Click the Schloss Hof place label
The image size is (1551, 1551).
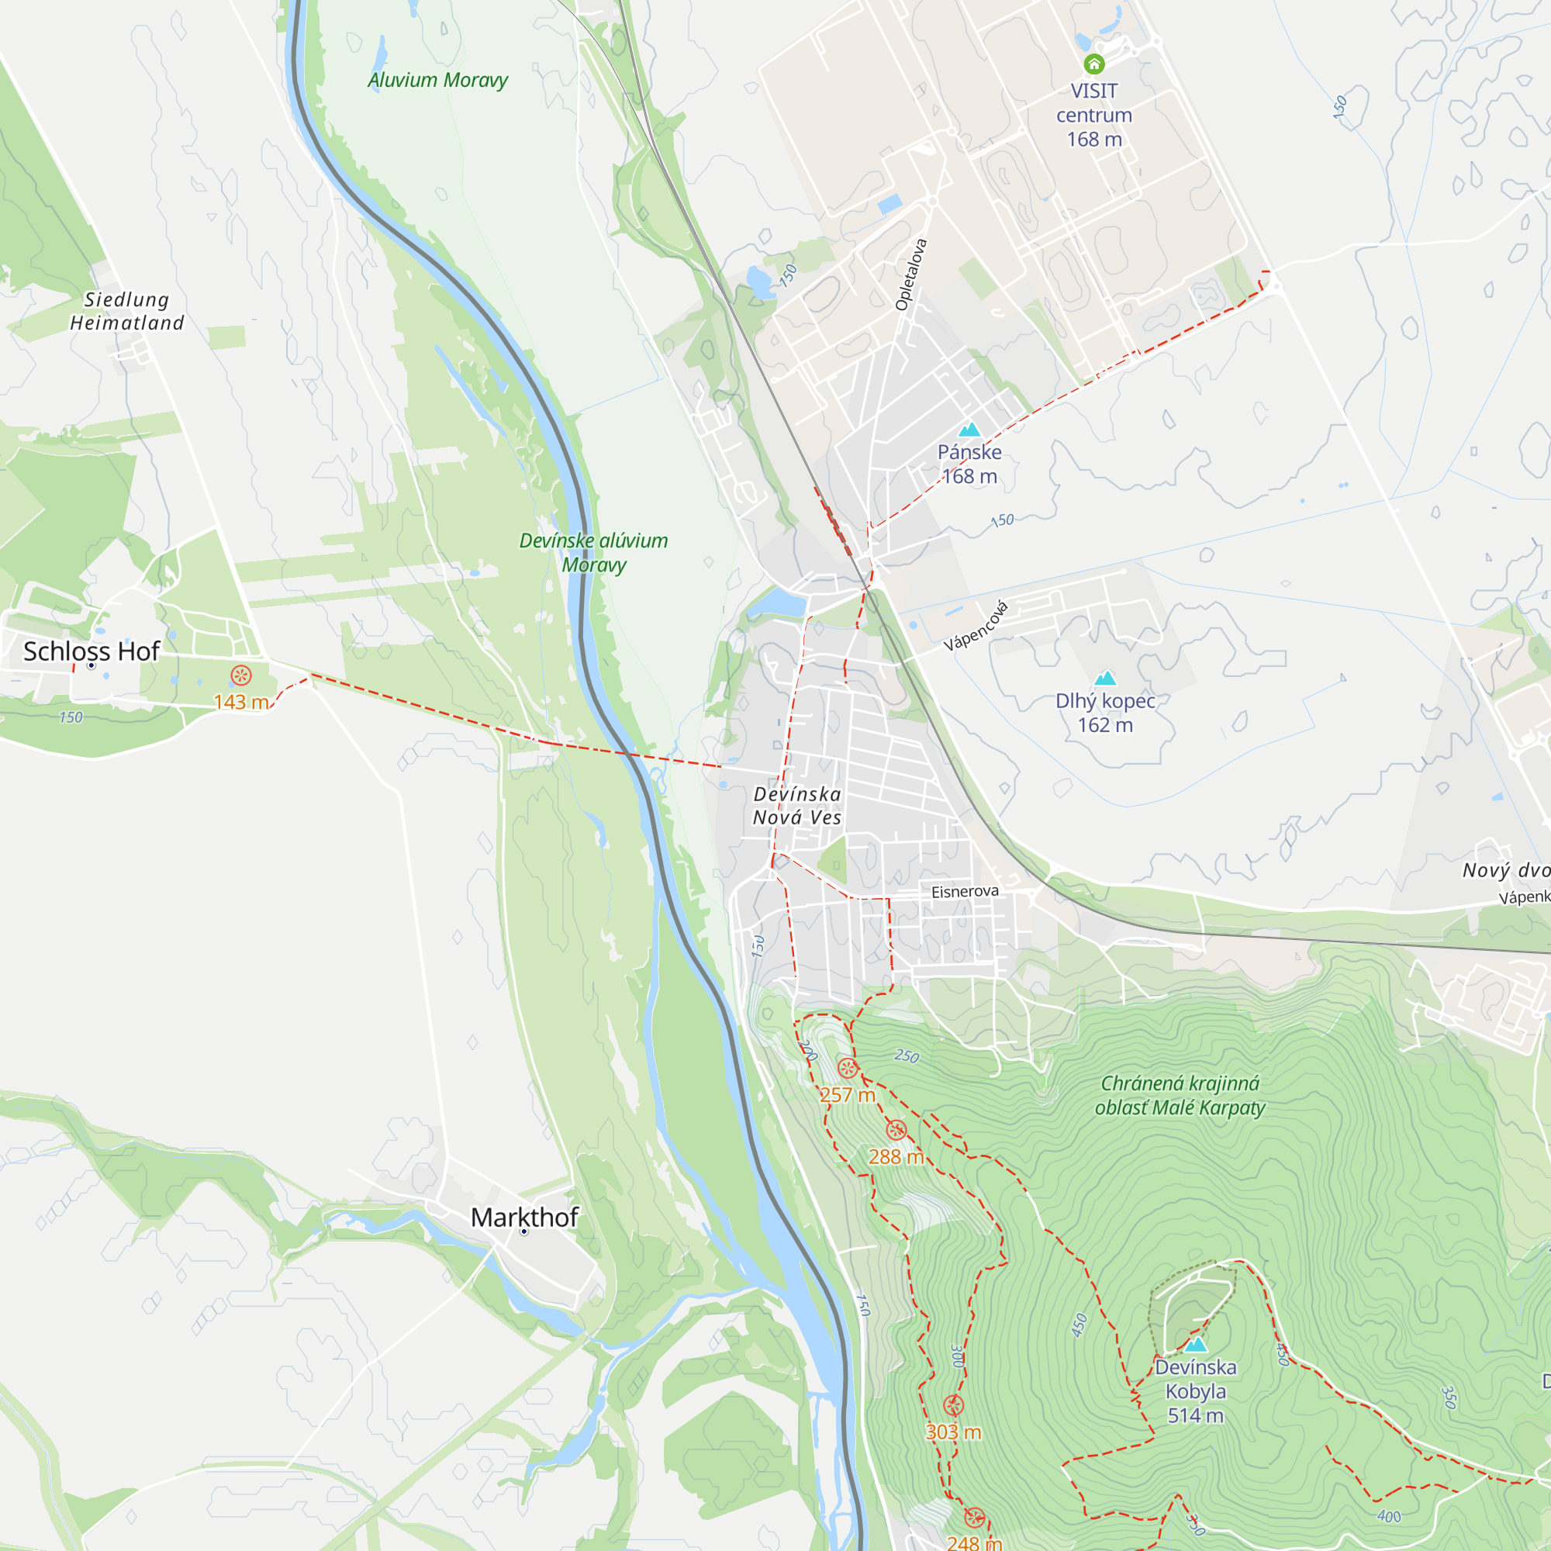tap(92, 651)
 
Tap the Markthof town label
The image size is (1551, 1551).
tap(524, 1217)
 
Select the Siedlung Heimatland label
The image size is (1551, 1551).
tap(127, 312)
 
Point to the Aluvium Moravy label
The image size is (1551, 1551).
tap(437, 81)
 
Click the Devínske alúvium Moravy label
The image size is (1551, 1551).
tap(593, 552)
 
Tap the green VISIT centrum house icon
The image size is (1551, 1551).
tap(1093, 64)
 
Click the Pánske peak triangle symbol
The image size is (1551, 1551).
tap(970, 430)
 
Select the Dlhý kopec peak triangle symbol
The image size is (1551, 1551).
tap(1105, 679)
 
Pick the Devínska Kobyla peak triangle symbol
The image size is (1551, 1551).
tap(1195, 1345)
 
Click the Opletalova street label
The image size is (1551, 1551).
tap(911, 275)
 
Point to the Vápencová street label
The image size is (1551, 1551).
tap(976, 626)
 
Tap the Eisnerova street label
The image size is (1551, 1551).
tap(965, 891)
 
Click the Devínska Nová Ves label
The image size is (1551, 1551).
tap(797, 805)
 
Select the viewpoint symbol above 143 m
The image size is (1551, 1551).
tap(241, 675)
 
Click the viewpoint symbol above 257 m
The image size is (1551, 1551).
tap(848, 1068)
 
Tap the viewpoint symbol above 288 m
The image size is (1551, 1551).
tap(896, 1131)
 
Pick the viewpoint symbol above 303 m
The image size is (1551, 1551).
tap(954, 1406)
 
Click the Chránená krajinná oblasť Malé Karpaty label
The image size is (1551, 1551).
tap(1180, 1095)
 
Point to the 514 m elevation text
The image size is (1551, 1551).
tap(1195, 1415)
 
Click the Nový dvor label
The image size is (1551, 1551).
tap(1505, 870)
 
